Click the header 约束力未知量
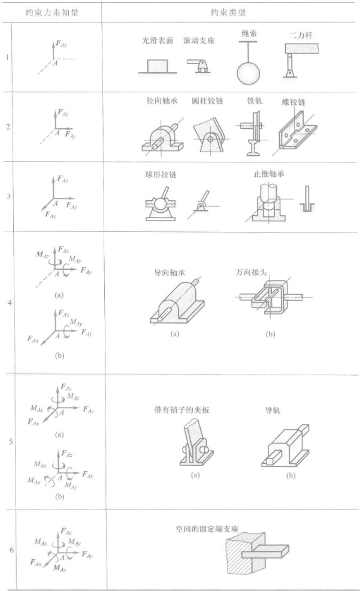click(x=52, y=12)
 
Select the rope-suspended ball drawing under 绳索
click(x=247, y=71)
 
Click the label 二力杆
click(x=298, y=35)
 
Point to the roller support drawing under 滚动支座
click(x=199, y=65)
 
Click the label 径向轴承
click(x=159, y=101)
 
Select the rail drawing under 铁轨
click(x=255, y=132)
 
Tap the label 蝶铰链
click(x=294, y=102)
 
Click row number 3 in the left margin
click(x=8, y=196)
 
